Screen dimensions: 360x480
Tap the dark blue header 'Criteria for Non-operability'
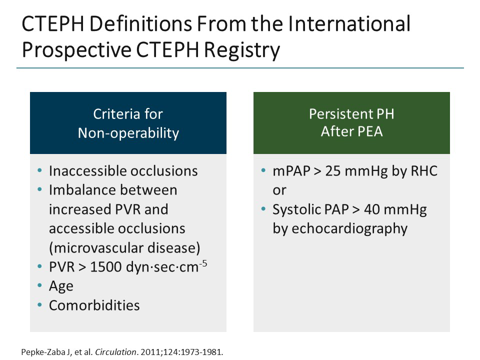coord(128,123)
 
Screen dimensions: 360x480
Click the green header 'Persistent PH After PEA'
coord(351,123)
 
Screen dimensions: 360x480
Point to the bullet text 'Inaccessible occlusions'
coord(123,171)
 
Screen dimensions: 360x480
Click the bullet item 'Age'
coord(61,286)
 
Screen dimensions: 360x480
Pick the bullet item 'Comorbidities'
coord(94,305)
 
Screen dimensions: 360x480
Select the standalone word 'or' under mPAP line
coord(279,190)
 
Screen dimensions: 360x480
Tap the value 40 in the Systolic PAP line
coord(371,209)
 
